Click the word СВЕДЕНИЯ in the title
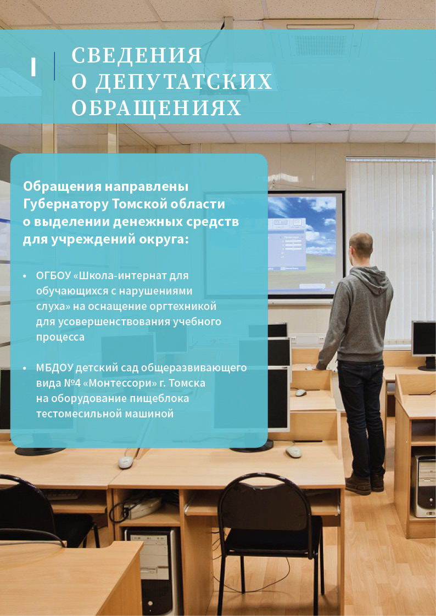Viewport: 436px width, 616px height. [x=137, y=55]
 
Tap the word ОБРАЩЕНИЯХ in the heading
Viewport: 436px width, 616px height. [x=156, y=108]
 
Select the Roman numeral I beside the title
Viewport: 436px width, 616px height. [x=33, y=67]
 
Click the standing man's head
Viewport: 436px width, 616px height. [x=361, y=245]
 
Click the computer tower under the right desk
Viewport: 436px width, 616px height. [x=423, y=485]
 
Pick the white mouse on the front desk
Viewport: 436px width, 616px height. [x=126, y=462]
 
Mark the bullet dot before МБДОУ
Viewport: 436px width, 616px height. [x=25, y=369]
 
